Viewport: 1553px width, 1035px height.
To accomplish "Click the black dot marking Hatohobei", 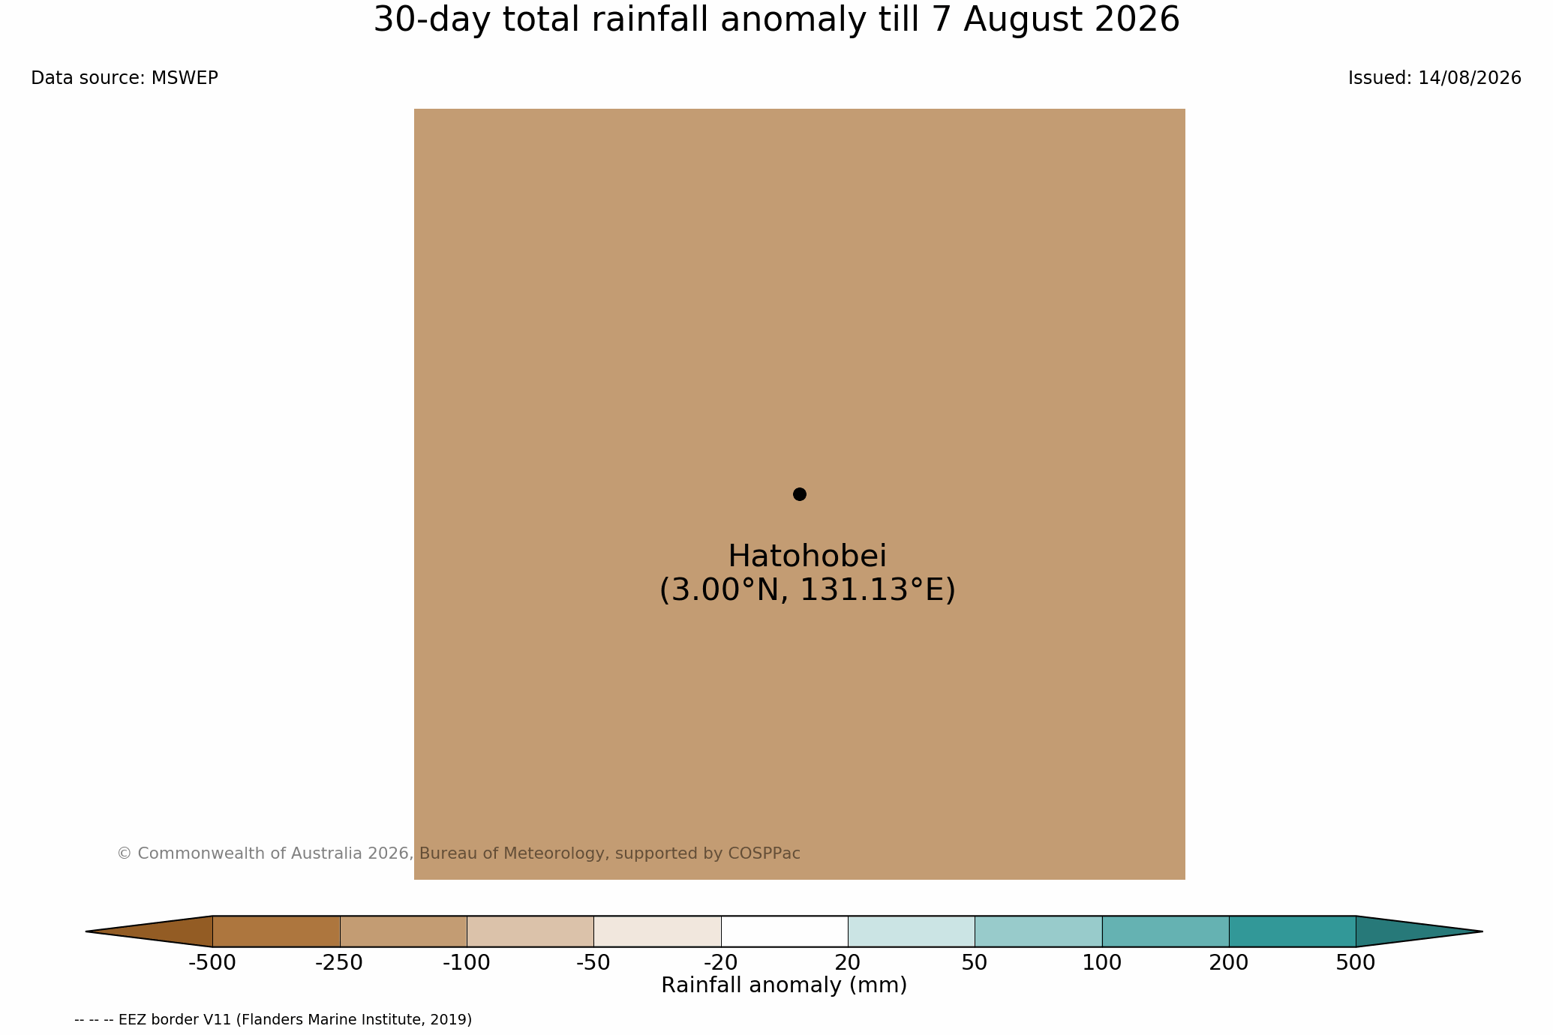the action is click(799, 494).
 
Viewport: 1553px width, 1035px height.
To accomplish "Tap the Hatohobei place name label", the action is click(807, 556).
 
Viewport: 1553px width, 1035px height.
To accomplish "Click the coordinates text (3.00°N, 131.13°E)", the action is click(807, 590).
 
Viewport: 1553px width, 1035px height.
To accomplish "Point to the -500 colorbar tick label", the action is click(212, 963).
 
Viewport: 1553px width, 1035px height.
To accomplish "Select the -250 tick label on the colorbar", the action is click(339, 963).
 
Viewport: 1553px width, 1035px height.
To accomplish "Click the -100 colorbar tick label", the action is click(467, 963).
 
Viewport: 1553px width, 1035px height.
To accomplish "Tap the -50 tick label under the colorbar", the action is click(593, 963).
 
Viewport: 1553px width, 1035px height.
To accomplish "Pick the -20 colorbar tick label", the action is click(721, 963).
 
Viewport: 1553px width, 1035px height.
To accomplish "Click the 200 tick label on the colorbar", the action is click(1229, 963).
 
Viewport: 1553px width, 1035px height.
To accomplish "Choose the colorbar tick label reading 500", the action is click(1356, 963).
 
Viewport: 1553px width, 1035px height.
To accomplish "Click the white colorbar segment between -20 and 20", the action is click(784, 931).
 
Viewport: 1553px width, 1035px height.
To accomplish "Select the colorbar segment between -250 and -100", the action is click(403, 931).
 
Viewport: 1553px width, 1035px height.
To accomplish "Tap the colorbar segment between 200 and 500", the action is click(1292, 931).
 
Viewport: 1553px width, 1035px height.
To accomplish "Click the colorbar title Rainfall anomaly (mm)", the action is click(784, 985).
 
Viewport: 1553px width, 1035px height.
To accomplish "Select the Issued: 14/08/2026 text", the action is click(1434, 78).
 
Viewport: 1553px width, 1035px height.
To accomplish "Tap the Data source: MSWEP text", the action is click(125, 78).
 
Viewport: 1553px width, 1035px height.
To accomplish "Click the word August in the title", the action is click(1023, 20).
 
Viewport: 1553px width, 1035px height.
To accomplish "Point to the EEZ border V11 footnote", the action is click(273, 1020).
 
